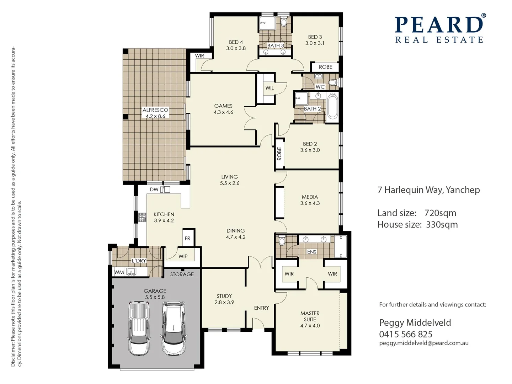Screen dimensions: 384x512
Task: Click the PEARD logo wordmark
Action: click(x=439, y=25)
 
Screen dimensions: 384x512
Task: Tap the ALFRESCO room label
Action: click(x=155, y=110)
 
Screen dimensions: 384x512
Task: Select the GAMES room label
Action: click(x=223, y=106)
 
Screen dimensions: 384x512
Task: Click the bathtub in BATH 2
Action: click(x=332, y=106)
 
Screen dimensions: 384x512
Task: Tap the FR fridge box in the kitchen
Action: click(x=187, y=238)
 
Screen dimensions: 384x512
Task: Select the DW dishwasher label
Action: click(x=154, y=190)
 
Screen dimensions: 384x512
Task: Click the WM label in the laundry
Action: click(x=119, y=272)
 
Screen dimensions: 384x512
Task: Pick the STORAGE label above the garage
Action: click(x=182, y=274)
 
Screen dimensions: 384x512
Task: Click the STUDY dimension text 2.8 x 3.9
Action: click(x=224, y=302)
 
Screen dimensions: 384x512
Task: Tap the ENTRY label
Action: click(x=261, y=308)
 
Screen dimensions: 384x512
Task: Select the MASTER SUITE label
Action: click(x=310, y=316)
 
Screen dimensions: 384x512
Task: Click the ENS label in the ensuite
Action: click(x=311, y=252)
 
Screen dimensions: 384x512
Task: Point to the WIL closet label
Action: click(x=270, y=88)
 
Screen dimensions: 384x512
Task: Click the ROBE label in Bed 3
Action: click(x=325, y=67)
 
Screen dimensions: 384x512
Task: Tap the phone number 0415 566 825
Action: click(x=405, y=334)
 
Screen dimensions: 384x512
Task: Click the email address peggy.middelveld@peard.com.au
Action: click(x=423, y=343)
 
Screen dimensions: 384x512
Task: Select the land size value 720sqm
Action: click(x=440, y=213)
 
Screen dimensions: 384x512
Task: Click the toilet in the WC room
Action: click(x=332, y=82)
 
